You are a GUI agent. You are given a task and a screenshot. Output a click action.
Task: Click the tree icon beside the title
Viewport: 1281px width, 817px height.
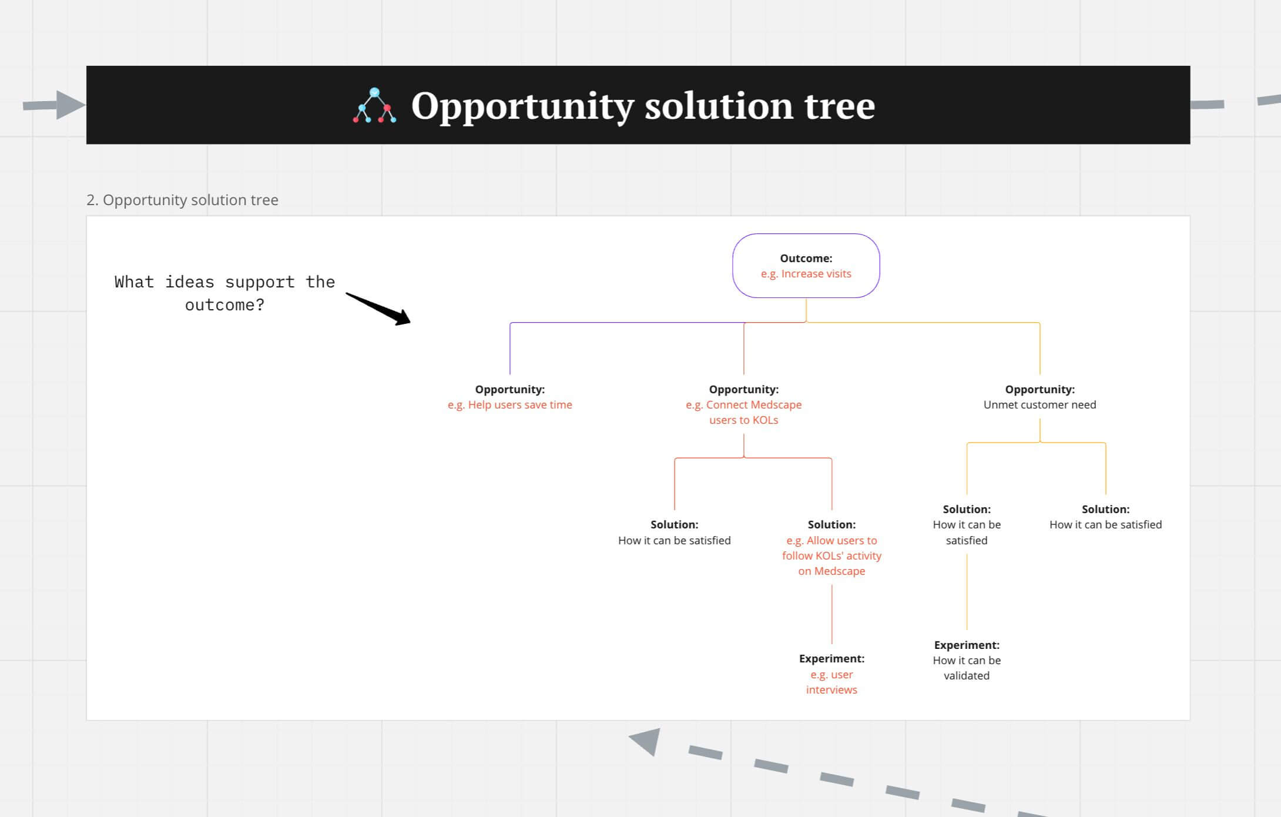(x=374, y=106)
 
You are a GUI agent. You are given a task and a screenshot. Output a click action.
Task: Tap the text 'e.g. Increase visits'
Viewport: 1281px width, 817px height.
(x=806, y=274)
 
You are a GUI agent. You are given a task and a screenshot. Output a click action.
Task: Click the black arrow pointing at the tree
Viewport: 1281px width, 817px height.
(x=378, y=309)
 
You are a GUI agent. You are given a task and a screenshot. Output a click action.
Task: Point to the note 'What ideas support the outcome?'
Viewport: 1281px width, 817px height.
(x=224, y=293)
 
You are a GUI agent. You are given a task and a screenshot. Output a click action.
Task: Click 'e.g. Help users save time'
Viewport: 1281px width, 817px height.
(x=509, y=405)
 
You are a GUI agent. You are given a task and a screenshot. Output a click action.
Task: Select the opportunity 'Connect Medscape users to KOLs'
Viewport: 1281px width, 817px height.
(x=743, y=412)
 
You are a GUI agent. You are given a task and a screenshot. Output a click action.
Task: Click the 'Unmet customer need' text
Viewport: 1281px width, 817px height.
(x=1039, y=405)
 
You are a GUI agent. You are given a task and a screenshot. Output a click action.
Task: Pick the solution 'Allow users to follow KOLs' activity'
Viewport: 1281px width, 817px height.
(x=831, y=555)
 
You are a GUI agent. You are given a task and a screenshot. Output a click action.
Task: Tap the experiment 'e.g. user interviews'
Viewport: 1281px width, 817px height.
(x=831, y=682)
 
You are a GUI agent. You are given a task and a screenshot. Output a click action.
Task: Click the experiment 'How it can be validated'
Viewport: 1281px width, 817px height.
(x=967, y=668)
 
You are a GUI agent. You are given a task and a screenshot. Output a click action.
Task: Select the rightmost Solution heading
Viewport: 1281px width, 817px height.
(x=1105, y=509)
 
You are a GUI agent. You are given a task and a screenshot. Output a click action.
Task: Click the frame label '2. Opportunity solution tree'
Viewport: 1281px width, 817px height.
(x=182, y=200)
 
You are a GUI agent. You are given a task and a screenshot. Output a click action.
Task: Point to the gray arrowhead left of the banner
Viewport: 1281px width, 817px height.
(x=69, y=105)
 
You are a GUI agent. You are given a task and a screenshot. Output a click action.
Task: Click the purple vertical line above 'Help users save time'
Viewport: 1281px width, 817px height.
(x=510, y=350)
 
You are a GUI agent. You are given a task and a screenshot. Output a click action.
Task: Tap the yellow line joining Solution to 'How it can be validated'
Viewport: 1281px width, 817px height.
(x=967, y=591)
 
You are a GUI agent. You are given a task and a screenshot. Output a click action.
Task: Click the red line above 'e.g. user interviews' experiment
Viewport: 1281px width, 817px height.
(x=831, y=614)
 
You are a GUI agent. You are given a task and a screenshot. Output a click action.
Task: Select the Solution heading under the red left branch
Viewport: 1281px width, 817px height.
(x=674, y=524)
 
